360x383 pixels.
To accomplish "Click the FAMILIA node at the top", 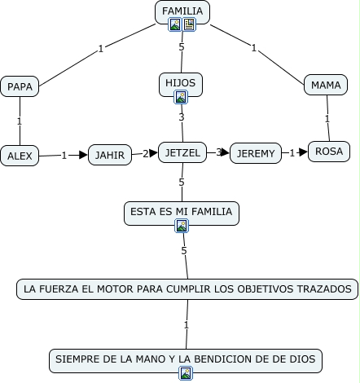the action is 182,12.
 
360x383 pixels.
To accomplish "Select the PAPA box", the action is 20,86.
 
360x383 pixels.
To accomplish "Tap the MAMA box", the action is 326,85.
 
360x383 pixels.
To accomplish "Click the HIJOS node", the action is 181,85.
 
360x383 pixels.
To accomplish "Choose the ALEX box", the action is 20,156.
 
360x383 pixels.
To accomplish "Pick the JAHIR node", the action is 110,155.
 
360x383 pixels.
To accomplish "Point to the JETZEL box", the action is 182,152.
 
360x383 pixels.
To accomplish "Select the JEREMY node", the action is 256,153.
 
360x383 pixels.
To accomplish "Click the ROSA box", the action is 329,152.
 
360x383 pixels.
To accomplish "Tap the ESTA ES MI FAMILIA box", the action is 182,214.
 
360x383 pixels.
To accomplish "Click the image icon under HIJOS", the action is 181,97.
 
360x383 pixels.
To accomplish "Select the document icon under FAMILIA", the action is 189,24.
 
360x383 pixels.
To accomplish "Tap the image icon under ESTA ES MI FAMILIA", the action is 182,226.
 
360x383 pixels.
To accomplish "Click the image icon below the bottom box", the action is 186,373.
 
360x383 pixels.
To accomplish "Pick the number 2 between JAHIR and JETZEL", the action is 146,154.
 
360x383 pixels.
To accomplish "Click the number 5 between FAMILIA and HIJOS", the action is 182,47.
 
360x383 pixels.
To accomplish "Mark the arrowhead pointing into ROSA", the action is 302,152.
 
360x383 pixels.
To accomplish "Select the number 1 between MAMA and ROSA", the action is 327,119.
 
